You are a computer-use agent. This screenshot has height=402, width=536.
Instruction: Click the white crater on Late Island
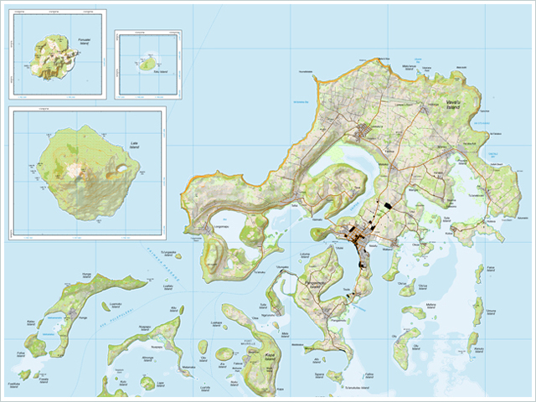coord(76,170)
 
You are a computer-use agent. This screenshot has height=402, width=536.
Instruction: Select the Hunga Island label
coord(87,276)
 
